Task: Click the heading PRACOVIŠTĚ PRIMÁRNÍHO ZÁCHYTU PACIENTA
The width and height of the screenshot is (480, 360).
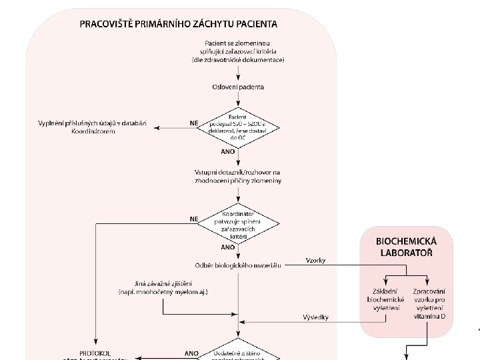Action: pos(179,24)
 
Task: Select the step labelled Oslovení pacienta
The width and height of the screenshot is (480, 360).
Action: pos(238,87)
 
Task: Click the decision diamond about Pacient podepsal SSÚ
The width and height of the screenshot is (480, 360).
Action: pos(238,123)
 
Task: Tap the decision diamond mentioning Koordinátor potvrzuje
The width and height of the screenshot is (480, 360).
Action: pos(238,223)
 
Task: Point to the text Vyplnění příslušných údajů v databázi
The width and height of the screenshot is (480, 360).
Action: pos(95,124)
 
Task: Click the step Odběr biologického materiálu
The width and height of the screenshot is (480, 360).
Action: pos(238,265)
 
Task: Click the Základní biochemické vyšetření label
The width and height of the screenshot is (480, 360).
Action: pos(386,299)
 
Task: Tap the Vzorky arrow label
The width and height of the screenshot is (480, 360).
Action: pos(315,260)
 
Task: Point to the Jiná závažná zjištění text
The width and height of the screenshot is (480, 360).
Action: pos(163,288)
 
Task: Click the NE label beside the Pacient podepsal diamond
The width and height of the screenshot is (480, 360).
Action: pos(194,123)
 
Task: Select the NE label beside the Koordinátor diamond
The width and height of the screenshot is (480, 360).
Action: pos(194,218)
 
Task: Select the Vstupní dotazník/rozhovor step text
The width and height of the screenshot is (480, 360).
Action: pos(238,177)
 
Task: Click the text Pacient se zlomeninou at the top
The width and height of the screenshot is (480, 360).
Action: pos(238,44)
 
